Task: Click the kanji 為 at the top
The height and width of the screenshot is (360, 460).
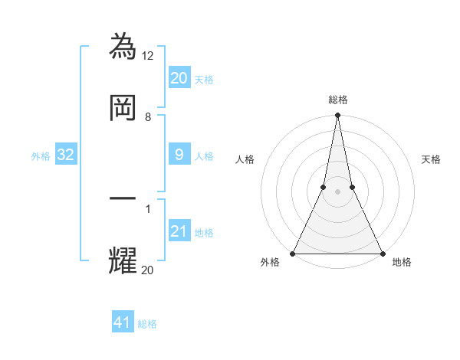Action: [x=123, y=46]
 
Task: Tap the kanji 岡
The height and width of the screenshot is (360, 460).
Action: [x=123, y=107]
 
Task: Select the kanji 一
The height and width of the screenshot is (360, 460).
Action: [x=123, y=198]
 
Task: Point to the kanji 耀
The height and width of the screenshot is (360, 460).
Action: [x=123, y=260]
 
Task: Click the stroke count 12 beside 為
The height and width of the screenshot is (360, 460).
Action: [x=149, y=55]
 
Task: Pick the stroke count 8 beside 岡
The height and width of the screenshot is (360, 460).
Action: [x=148, y=117]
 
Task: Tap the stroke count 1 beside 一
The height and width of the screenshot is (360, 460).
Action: [x=148, y=208]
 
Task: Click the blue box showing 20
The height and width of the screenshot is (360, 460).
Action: [x=179, y=77]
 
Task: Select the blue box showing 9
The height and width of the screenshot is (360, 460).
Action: [x=179, y=155]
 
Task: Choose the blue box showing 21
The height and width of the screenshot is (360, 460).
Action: [x=179, y=231]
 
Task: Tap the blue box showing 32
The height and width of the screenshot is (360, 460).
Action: [x=66, y=155]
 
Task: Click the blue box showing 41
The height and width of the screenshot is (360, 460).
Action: [x=123, y=322]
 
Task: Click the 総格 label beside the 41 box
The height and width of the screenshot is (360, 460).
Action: [x=147, y=324]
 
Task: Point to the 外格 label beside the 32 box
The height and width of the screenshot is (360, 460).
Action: [x=41, y=156]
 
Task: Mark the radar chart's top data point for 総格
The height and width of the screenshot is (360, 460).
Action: [x=337, y=116]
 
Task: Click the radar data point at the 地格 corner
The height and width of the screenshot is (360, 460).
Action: [x=382, y=253]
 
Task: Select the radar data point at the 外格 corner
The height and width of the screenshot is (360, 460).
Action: [x=293, y=253]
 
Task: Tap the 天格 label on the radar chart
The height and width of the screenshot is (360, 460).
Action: [x=432, y=159]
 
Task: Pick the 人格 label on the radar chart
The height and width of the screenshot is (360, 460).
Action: [x=245, y=159]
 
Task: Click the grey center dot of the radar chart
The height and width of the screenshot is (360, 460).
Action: [x=337, y=191]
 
